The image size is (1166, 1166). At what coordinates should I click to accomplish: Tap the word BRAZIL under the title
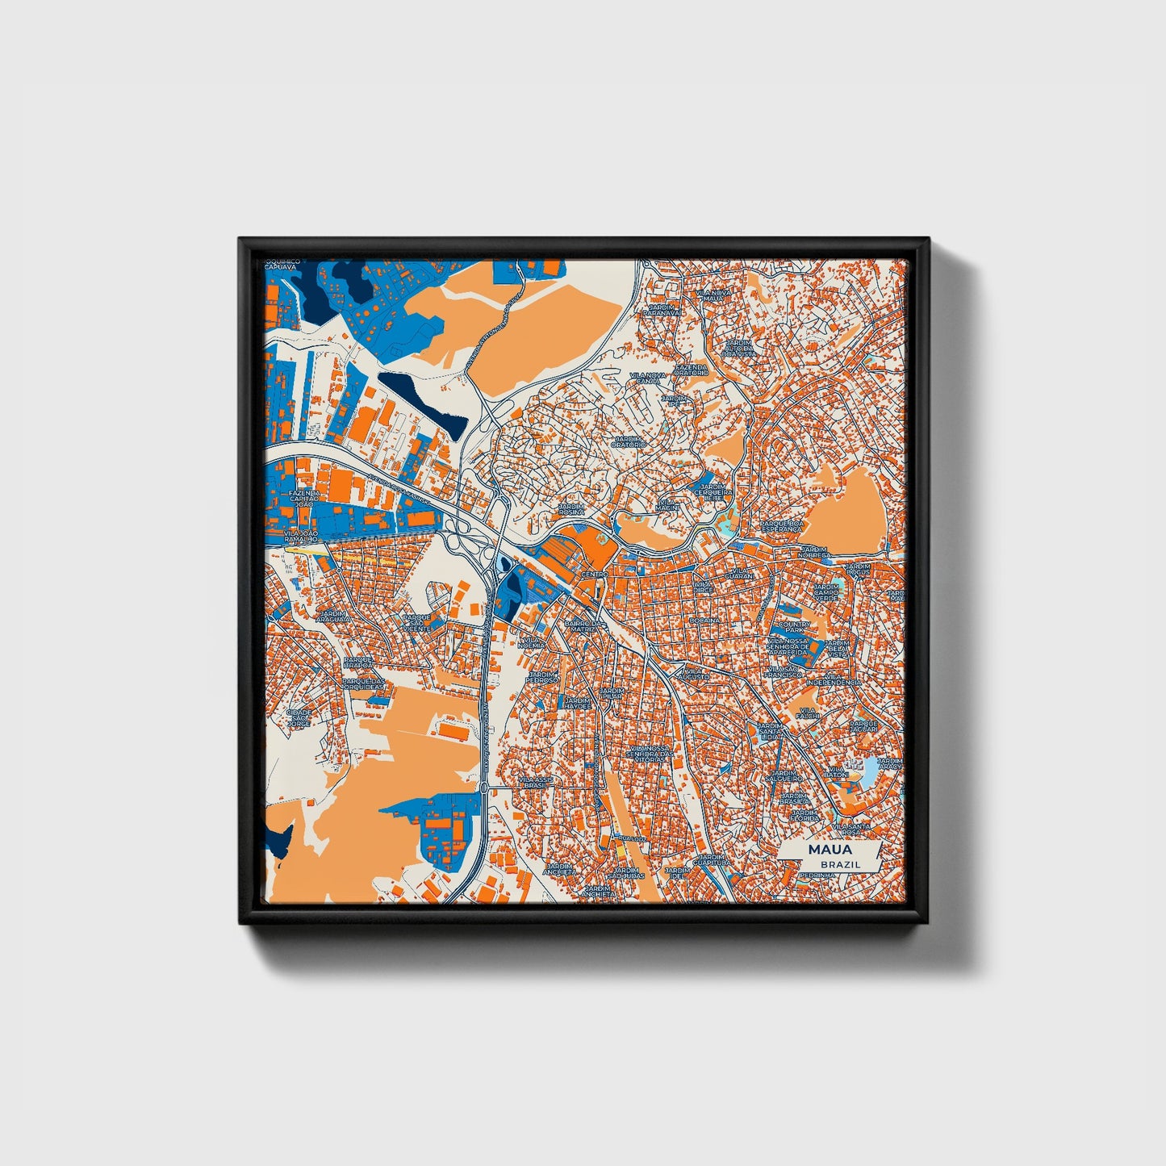839,864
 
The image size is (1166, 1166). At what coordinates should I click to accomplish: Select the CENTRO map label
594,574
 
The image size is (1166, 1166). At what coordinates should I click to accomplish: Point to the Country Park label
795,627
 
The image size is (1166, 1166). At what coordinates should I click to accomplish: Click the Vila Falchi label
808,713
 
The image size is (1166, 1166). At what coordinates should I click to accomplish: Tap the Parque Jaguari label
863,727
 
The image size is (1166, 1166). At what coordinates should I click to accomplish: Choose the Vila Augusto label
692,673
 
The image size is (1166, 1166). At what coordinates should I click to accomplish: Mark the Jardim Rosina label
571,509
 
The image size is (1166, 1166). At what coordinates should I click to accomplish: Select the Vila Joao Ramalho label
303,537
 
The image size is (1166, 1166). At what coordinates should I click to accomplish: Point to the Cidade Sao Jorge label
298,718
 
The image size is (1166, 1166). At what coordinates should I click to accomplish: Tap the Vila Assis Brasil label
535,783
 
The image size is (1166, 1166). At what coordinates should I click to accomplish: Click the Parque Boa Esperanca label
782,526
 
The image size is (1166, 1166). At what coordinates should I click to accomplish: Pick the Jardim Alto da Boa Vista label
739,349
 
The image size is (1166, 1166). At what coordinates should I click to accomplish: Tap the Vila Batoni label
836,771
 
